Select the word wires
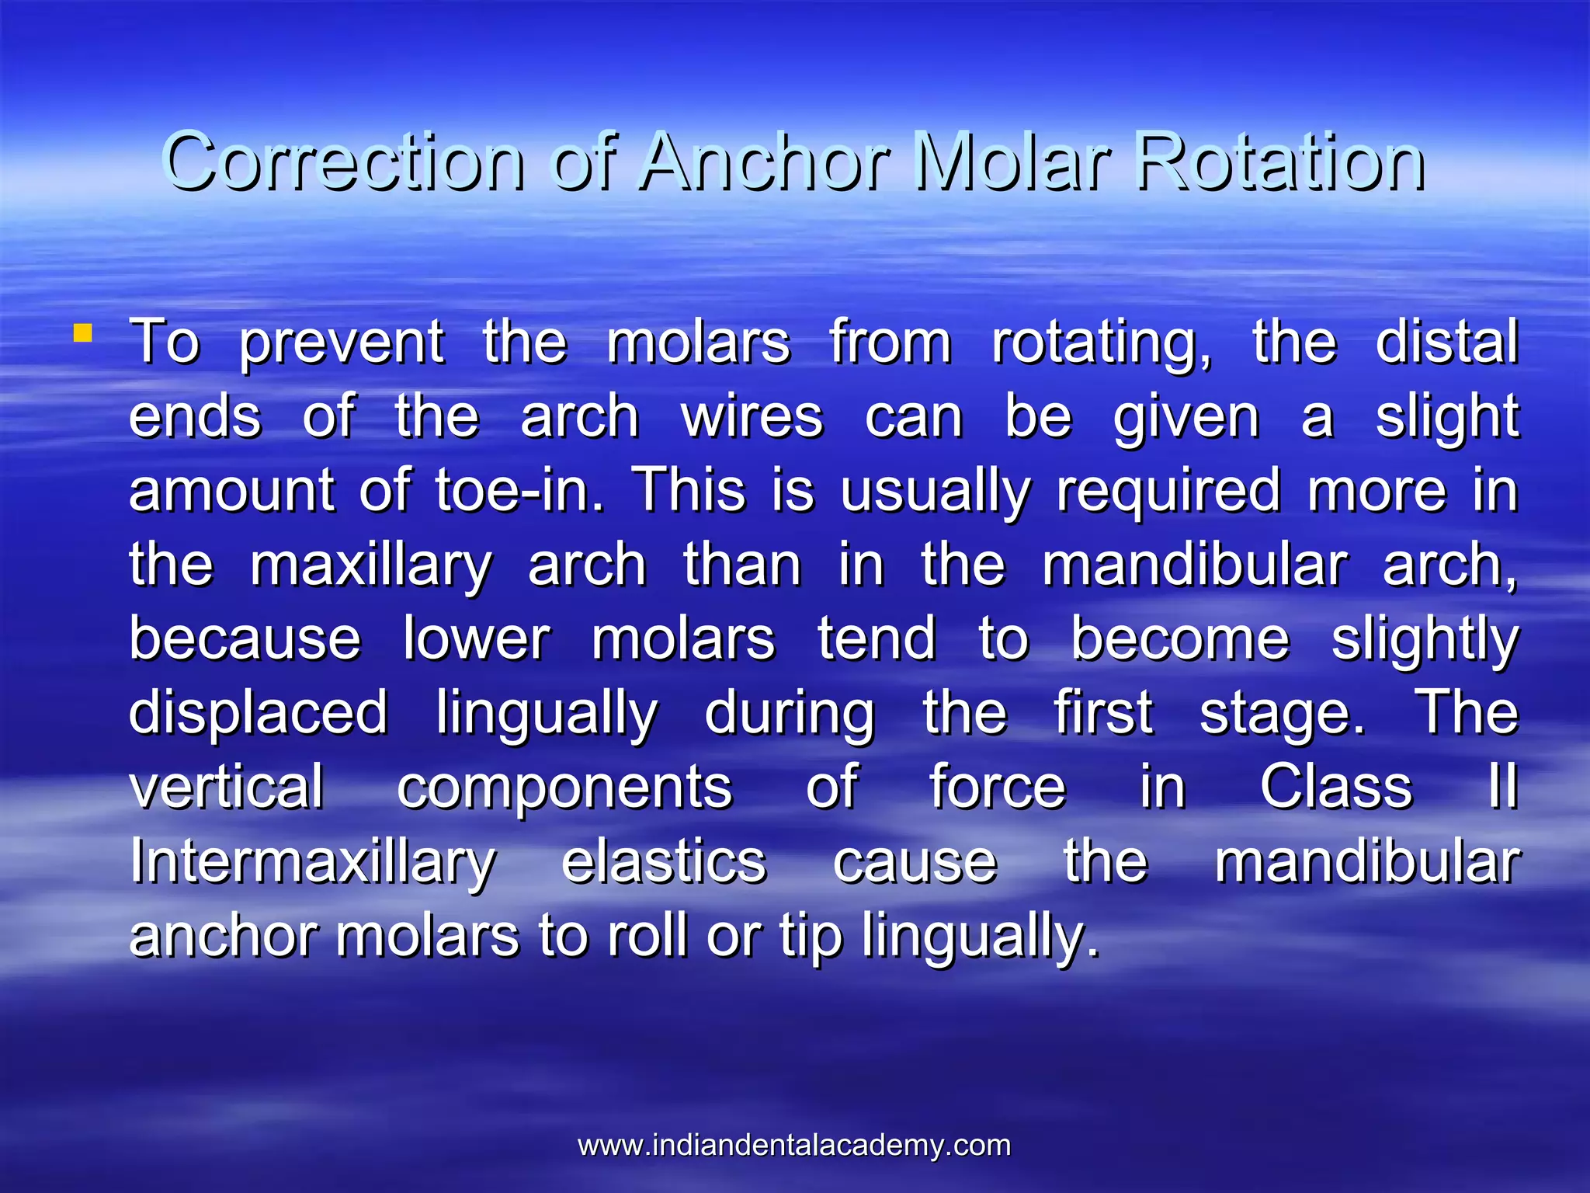[x=752, y=416]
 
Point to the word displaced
[x=258, y=712]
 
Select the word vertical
[x=226, y=787]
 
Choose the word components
[x=564, y=787]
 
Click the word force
[x=998, y=787]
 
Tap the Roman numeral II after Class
[x=1502, y=787]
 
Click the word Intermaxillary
[x=313, y=861]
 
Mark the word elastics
[x=664, y=861]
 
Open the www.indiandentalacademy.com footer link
[x=794, y=1145]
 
